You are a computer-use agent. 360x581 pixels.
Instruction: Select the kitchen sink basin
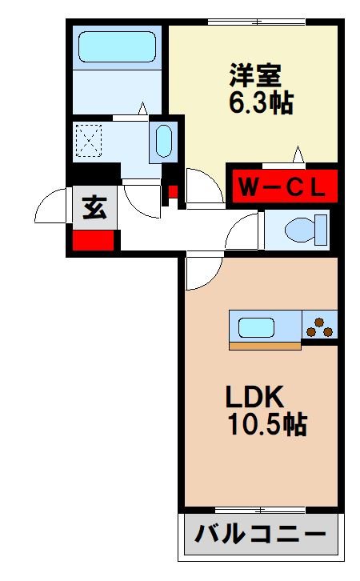[x=254, y=327]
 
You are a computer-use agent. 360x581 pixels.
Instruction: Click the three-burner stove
[x=319, y=326]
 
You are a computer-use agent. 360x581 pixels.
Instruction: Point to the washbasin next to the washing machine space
[x=162, y=142]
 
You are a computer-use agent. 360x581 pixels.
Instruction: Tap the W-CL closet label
[x=282, y=189]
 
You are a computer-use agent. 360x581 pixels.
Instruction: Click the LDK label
[x=255, y=395]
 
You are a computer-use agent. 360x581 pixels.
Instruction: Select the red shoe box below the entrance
[x=94, y=240]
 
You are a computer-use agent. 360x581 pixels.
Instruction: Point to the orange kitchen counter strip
[x=265, y=346]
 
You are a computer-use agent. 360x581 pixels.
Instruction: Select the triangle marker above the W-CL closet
[x=298, y=154]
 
